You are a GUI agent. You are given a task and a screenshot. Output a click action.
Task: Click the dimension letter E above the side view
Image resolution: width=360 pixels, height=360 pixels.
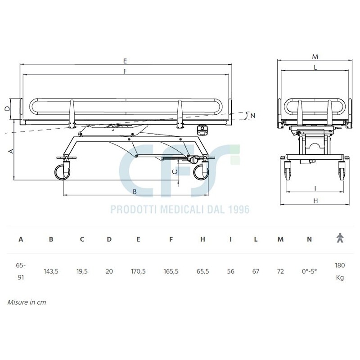125,61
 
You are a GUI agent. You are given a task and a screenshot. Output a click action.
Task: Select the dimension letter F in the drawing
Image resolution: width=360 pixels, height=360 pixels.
125,72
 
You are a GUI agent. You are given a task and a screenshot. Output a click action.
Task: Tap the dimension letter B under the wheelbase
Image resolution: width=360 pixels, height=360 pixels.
135,192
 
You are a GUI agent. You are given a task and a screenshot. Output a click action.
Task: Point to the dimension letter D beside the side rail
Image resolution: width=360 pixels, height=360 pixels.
8,108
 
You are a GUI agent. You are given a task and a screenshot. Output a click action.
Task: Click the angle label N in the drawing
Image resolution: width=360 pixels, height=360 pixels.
253,116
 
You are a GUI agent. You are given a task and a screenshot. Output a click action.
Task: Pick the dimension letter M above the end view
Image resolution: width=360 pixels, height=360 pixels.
315,57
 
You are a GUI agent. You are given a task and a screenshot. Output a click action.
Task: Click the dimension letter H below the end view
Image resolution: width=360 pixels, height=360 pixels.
315,201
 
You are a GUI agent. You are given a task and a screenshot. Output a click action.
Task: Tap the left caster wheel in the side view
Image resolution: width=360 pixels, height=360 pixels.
62,172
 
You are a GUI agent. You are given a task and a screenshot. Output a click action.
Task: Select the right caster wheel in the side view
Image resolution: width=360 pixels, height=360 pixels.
201,172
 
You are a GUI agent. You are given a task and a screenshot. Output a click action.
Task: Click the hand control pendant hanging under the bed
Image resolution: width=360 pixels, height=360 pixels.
202,130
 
